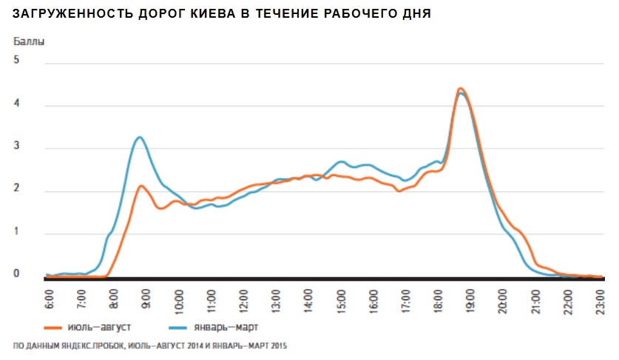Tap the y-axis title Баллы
[29, 41]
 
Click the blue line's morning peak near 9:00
[138, 137]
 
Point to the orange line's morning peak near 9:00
[141, 186]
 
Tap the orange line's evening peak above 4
[460, 88]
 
